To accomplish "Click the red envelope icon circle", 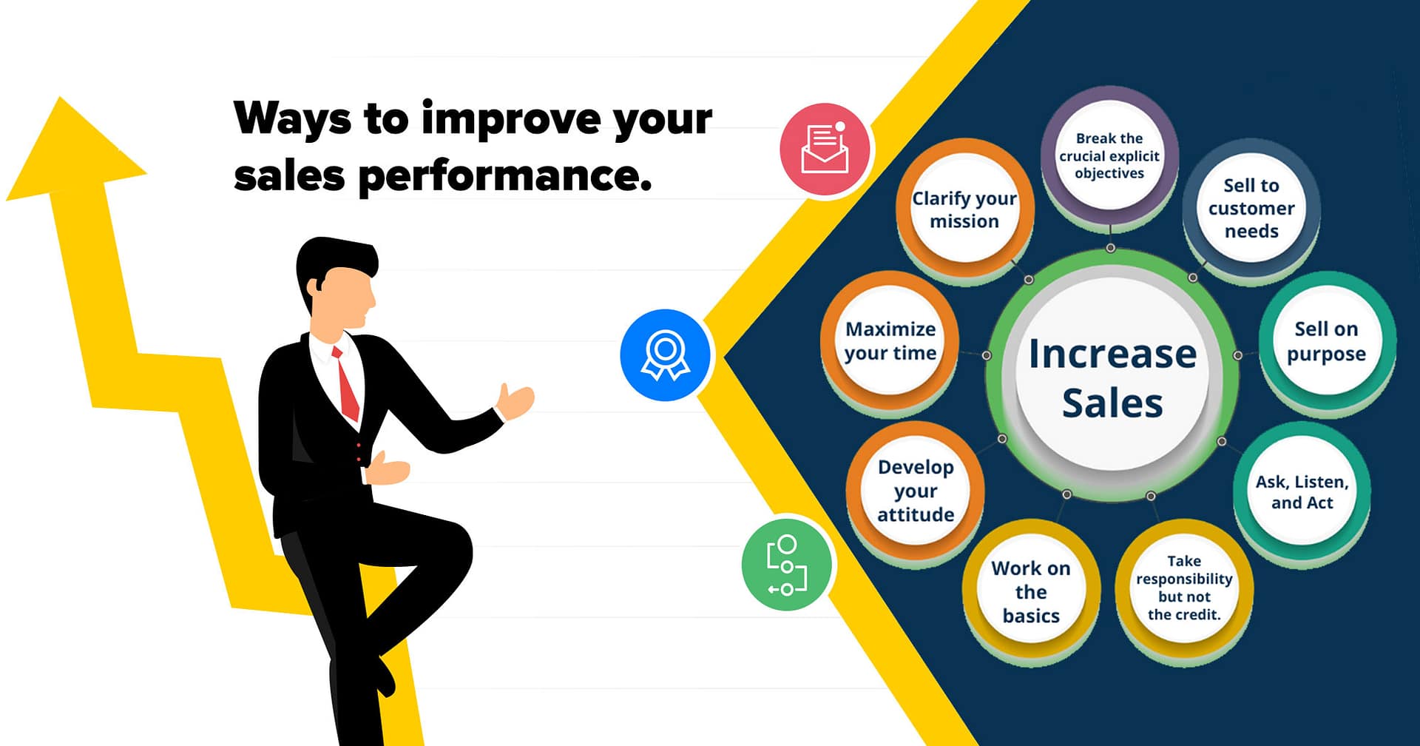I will coord(825,149).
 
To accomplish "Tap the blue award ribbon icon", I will coord(665,355).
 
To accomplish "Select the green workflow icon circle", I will coord(787,565).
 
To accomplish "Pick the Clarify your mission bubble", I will coord(964,209).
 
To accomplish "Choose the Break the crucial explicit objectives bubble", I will coord(1109,155).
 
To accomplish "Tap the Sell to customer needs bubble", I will coord(1251,208).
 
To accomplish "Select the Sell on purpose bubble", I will coord(1326,341).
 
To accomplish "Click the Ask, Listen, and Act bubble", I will coord(1302,492).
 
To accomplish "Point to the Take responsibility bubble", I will coord(1184,588).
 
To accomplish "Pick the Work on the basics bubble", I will coord(1031,591).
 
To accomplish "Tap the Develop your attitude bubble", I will coord(916,491).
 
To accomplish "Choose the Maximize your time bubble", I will coord(890,341).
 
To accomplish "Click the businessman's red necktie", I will coord(346,385).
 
